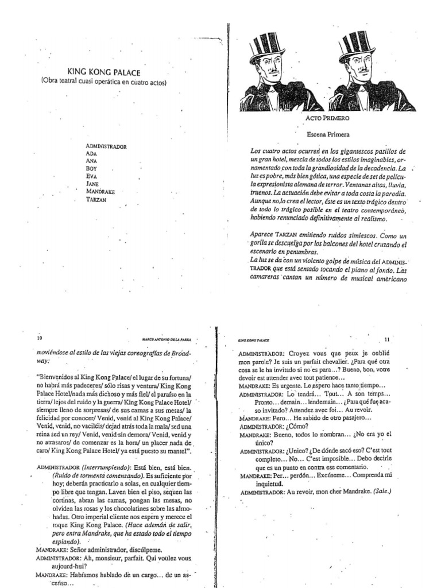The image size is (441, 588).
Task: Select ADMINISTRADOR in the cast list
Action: point(106,146)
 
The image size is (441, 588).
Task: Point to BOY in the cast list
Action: point(91,169)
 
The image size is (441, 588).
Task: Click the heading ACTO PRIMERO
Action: point(328,118)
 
